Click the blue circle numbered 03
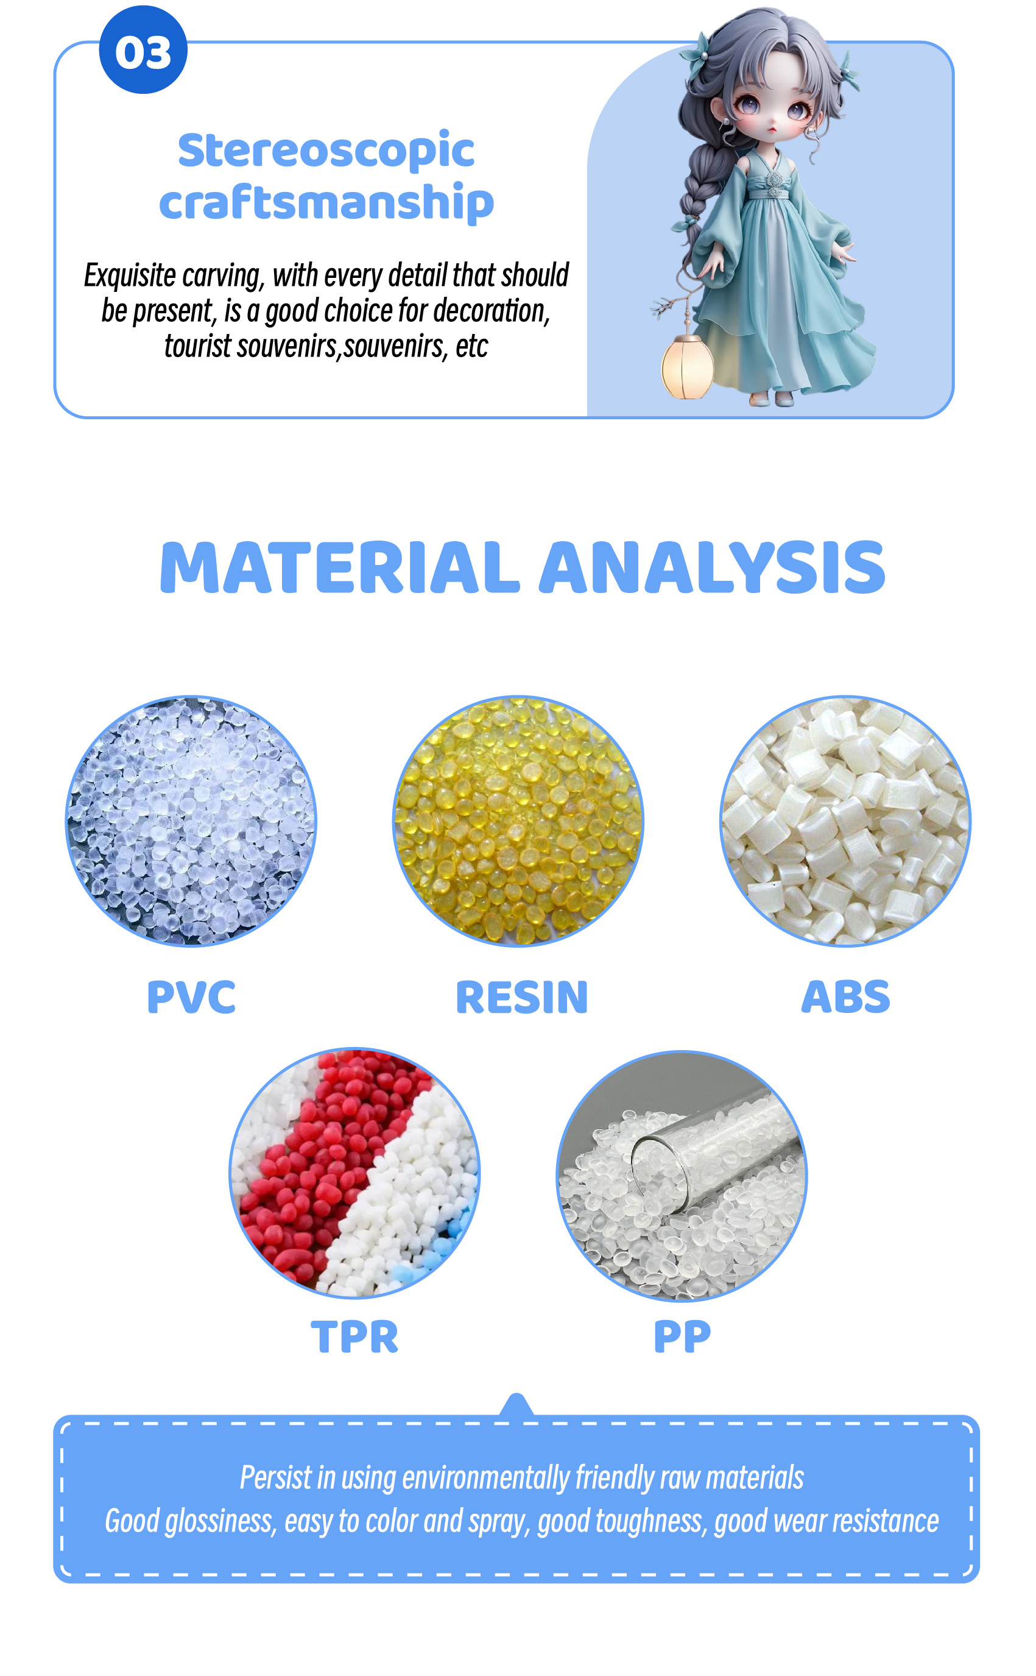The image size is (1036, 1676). (143, 50)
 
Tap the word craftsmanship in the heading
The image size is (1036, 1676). (326, 203)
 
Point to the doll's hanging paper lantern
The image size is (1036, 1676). (686, 367)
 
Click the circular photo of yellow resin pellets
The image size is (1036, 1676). (518, 821)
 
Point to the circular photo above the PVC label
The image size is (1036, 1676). (191, 821)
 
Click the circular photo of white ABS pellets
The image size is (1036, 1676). (845, 821)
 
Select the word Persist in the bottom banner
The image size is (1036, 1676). (276, 1478)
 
